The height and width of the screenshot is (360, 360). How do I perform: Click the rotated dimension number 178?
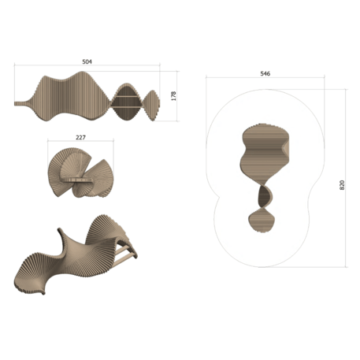click(173, 95)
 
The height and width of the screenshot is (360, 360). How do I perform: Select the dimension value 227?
click(80, 137)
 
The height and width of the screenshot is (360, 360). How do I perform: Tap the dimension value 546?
click(265, 73)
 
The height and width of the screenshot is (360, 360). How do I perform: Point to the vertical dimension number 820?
click(341, 184)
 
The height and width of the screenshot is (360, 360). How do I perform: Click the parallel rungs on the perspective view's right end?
click(126, 254)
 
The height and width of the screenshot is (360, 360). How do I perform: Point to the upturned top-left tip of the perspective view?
click(60, 232)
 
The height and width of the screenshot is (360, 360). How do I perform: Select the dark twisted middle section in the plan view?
click(263, 194)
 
